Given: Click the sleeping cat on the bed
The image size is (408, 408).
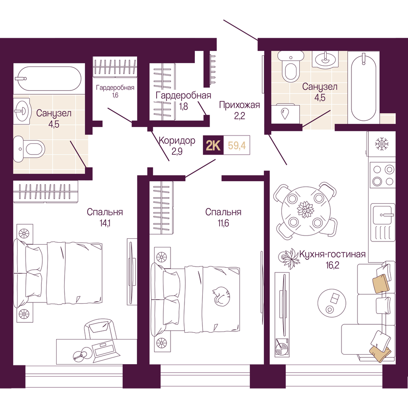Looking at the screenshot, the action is (221, 296).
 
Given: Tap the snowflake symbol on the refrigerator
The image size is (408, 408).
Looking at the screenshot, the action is (382, 144).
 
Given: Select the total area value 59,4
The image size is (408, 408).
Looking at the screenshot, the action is (237, 145).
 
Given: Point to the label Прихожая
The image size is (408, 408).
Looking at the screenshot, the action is (239, 105).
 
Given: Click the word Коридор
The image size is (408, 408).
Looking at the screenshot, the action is (177, 141).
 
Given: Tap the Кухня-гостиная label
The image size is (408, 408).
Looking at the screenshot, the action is (333, 254).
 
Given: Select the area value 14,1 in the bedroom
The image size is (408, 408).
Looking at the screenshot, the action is (105, 223).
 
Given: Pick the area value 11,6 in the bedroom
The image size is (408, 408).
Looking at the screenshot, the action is (224, 223).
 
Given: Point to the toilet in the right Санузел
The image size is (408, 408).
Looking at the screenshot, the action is (290, 66).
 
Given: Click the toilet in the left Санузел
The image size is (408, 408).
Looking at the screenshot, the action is (29, 149).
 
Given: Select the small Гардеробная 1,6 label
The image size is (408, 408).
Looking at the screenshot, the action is (115, 91).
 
